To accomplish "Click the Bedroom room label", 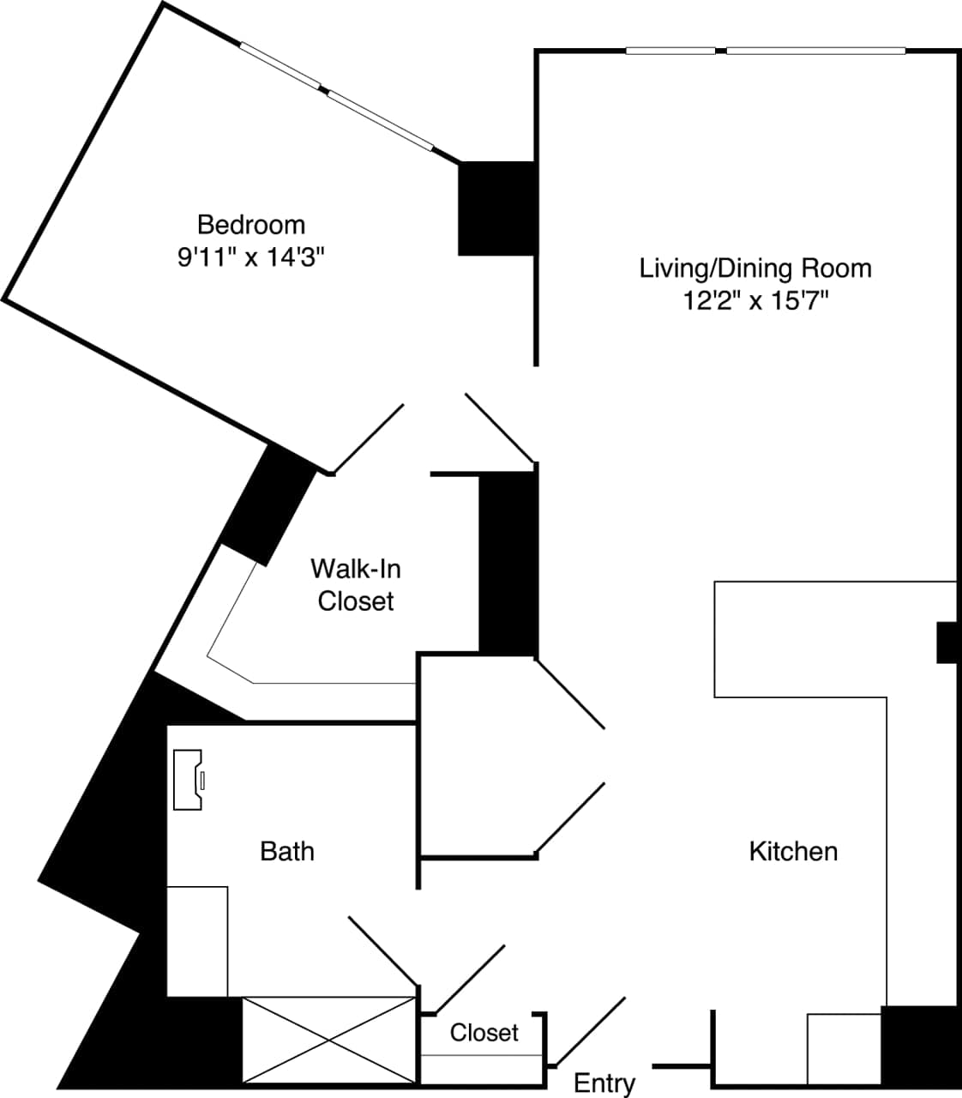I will coord(251,225).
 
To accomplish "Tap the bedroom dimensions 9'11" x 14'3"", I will coord(251,257).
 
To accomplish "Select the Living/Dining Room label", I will coord(755,268).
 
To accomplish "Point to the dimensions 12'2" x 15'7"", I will coord(755,301).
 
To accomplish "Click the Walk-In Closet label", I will coord(356,584).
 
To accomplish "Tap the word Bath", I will coord(287,851).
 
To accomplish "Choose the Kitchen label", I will coord(793,851).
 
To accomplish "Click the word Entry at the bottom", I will coord(604,1083).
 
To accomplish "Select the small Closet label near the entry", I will coord(484,1032).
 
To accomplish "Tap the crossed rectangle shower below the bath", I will coord(329,1040).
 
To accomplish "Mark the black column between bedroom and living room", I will coord(496,208).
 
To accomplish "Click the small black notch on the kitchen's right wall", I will coord(946,643).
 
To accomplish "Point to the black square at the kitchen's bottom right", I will coord(919,1045).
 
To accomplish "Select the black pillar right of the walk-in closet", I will coord(508,563).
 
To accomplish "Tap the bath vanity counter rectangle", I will coord(197,941).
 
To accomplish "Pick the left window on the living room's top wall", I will coord(670,51).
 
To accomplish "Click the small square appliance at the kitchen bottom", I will coord(844,1048).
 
